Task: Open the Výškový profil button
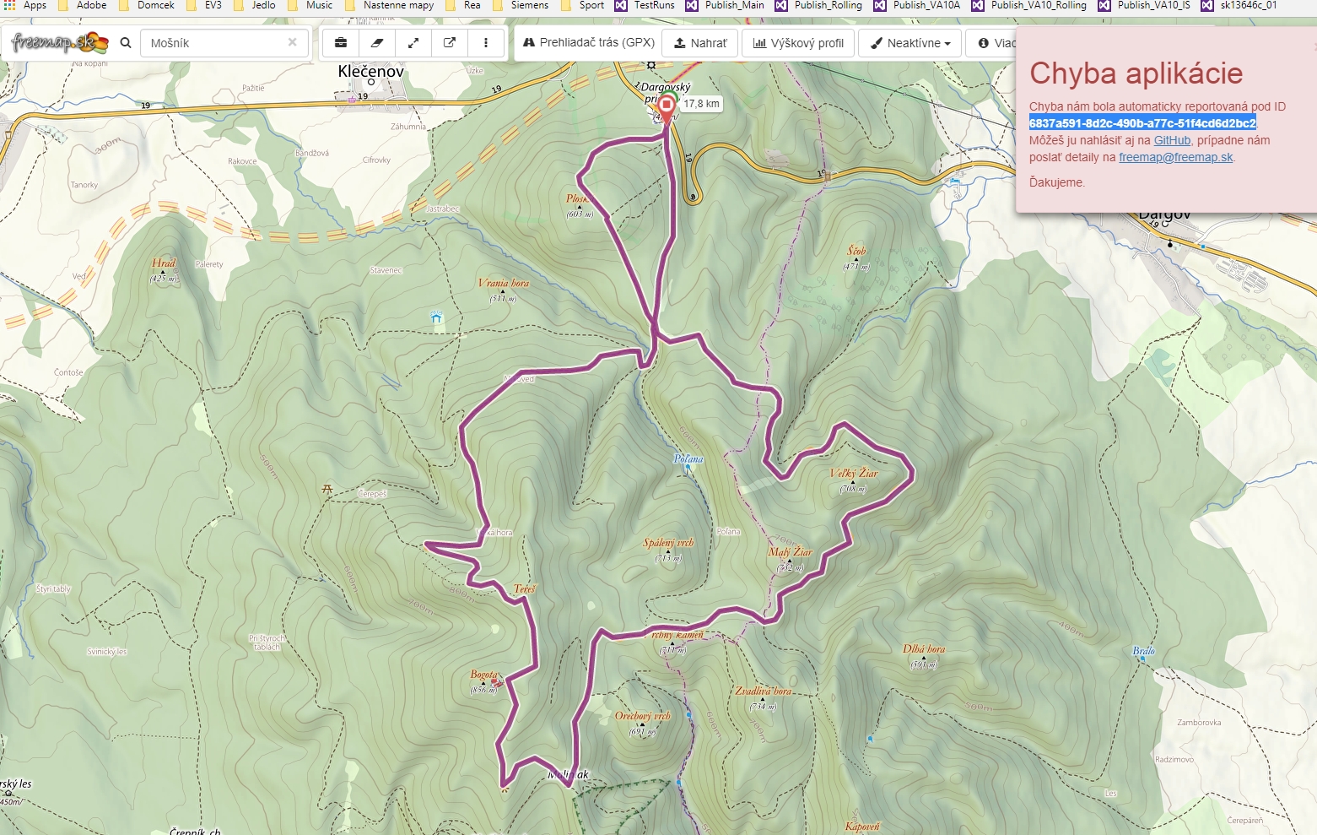pos(798,43)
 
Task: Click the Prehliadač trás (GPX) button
pos(588,42)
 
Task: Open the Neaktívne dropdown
pos(909,43)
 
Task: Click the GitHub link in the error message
pos(1171,140)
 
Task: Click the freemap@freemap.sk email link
pos(1175,157)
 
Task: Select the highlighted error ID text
pos(1142,123)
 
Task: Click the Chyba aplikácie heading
pos(1136,73)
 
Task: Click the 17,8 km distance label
pos(701,104)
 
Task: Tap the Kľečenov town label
pos(370,72)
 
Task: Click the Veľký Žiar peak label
pos(854,474)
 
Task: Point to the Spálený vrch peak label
pos(667,543)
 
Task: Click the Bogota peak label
pos(483,675)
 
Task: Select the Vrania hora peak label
pos(503,284)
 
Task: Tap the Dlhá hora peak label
pos(923,649)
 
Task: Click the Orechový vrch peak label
pos(642,716)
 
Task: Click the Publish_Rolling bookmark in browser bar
pos(827,5)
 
